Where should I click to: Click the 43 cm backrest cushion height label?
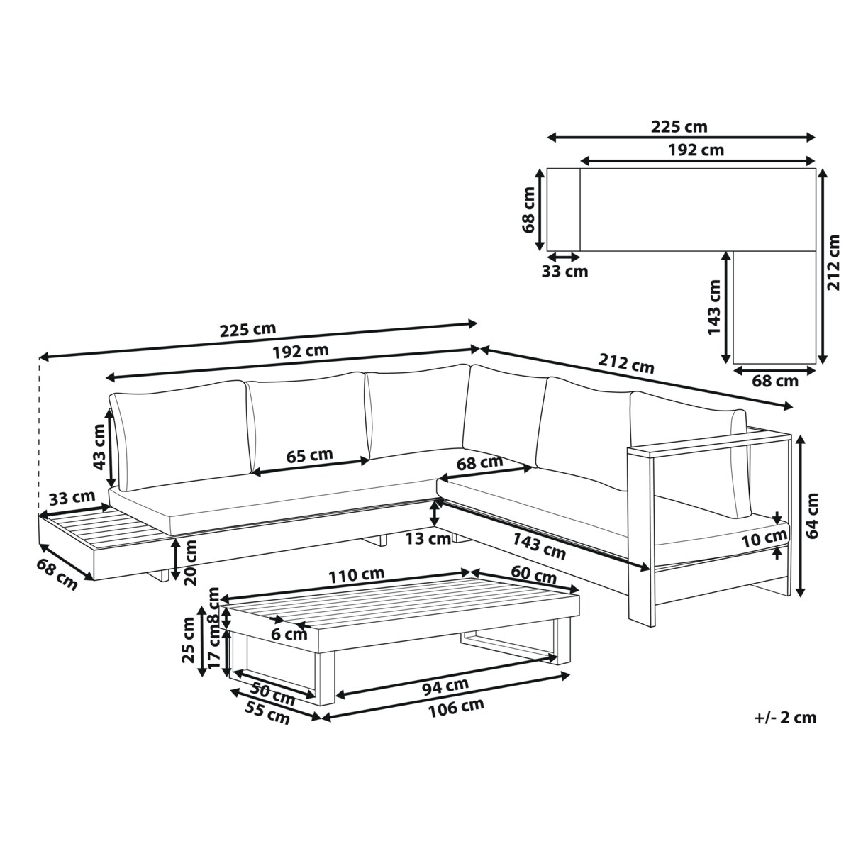tap(100, 447)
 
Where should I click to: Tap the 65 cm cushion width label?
tap(309, 455)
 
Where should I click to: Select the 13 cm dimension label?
tap(428, 539)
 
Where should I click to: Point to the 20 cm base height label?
tap(190, 562)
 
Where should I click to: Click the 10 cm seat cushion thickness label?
tap(764, 539)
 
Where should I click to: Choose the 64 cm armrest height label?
tap(812, 516)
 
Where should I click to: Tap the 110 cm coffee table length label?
tap(357, 575)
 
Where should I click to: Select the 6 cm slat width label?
tap(289, 635)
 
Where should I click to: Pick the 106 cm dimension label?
tap(456, 708)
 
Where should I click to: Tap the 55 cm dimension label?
tap(267, 713)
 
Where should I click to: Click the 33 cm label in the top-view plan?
tap(564, 271)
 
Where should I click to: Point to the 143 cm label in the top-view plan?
tap(713, 307)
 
